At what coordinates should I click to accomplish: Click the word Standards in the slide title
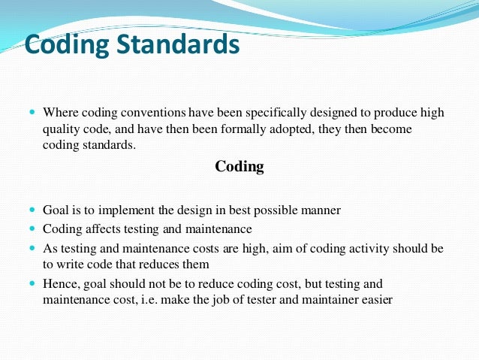click(175, 44)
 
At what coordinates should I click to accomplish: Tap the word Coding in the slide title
click(66, 44)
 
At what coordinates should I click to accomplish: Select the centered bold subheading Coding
click(239, 167)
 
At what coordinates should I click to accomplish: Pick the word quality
click(59, 129)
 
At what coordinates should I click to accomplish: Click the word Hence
click(61, 284)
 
